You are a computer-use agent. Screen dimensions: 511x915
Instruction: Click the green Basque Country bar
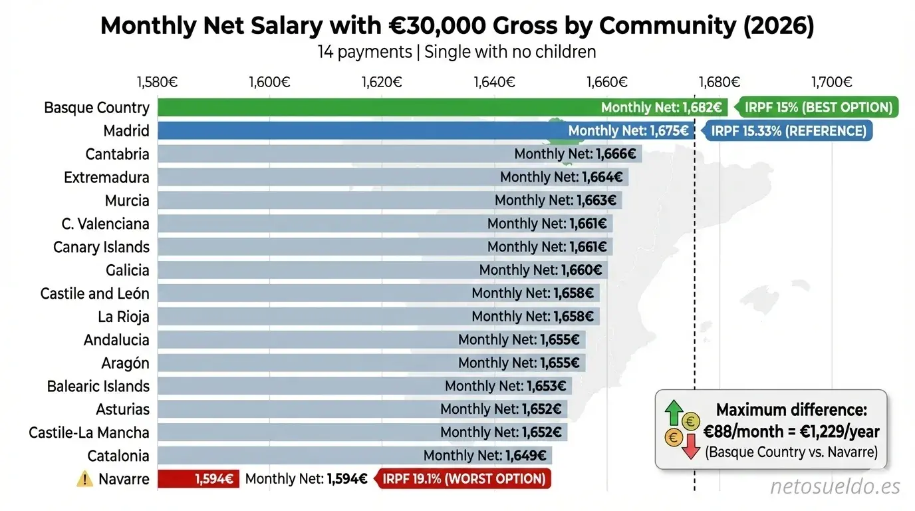372,107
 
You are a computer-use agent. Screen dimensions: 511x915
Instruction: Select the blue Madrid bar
359,130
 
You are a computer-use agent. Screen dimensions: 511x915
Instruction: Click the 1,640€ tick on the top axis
494,83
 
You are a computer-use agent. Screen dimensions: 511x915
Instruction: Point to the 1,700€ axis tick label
831,83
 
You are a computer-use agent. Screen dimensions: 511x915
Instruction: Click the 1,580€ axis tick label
158,83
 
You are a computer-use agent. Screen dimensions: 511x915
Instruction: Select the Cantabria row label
117,154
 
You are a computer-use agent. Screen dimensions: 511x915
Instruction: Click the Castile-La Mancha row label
89,432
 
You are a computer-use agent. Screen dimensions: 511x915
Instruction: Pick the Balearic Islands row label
98,386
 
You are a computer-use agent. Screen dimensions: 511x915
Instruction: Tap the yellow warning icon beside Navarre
85,478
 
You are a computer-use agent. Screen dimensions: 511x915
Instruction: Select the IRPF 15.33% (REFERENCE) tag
789,130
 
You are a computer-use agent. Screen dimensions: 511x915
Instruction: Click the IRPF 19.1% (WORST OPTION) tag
464,478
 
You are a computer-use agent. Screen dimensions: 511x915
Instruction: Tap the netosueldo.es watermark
835,487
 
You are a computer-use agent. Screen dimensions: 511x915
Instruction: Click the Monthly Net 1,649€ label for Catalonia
485,456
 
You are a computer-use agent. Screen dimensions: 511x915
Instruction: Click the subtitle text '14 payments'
364,51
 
